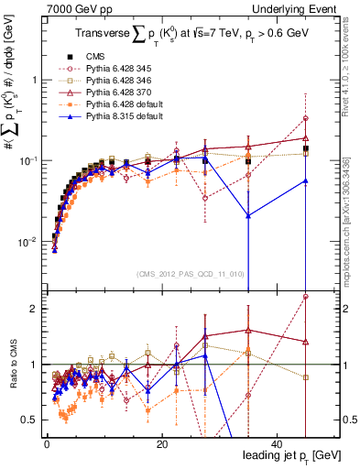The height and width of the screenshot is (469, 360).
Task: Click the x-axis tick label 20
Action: point(160,443)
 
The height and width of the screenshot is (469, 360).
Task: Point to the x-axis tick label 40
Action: point(275,443)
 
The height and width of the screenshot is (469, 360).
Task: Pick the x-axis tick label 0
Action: point(46,443)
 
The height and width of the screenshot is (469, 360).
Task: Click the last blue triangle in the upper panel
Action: point(306,180)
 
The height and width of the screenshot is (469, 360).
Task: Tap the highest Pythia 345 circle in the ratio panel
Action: point(306,297)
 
